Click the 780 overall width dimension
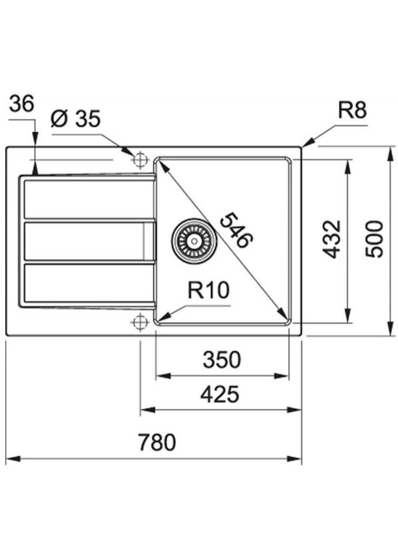158,442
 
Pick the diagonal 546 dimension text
236,229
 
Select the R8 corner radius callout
352,110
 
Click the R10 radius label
208,290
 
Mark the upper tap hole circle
140,160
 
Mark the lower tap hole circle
140,322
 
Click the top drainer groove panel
89,199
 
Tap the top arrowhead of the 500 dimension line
389,152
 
